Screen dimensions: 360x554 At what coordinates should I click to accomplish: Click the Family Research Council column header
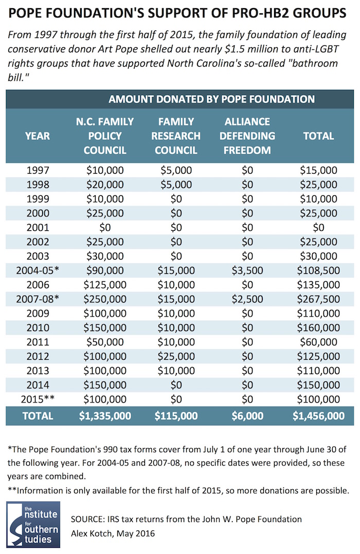click(x=176, y=136)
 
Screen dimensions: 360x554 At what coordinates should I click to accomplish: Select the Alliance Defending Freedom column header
click(x=247, y=136)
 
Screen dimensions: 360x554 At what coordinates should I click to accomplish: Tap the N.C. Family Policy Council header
click(x=105, y=136)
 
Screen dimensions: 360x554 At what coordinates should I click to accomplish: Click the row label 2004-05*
click(x=38, y=271)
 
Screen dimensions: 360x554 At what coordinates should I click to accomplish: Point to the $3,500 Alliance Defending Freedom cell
click(x=247, y=271)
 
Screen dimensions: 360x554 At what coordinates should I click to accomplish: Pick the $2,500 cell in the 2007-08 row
click(x=247, y=299)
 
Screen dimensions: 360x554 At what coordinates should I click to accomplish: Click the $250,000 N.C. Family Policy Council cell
click(x=105, y=299)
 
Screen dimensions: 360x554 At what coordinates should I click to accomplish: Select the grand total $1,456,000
click(x=319, y=416)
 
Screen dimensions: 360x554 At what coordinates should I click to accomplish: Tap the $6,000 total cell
click(x=247, y=416)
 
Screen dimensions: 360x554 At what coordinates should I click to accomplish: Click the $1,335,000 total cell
click(x=105, y=416)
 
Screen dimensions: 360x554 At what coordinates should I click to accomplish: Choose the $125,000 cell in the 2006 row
click(x=105, y=285)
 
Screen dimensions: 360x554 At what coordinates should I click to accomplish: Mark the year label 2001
click(x=38, y=228)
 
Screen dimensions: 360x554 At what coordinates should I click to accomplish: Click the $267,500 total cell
click(x=319, y=299)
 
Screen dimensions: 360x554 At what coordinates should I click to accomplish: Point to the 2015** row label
click(x=38, y=399)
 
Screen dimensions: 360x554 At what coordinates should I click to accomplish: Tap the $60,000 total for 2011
click(x=319, y=342)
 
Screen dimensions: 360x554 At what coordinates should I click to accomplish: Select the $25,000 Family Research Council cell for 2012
click(x=176, y=356)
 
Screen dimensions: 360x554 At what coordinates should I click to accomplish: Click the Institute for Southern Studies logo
click(x=33, y=524)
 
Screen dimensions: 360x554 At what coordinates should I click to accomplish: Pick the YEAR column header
click(x=38, y=136)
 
